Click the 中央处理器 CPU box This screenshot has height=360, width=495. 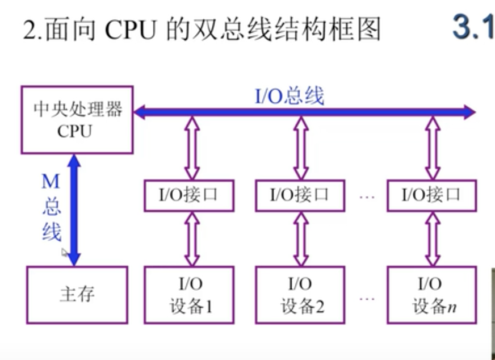77,120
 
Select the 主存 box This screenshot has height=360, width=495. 77,294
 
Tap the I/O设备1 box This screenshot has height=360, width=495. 189,295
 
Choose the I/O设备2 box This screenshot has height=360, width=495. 300,295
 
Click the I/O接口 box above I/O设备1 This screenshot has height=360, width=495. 189,196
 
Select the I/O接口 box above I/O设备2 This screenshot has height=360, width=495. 300,196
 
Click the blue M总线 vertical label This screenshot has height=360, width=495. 51,207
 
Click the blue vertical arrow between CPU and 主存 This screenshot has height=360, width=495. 74,210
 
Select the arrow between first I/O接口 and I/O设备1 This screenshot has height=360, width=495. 192,238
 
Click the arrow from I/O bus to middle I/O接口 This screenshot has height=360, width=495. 301,148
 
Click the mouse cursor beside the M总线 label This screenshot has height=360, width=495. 65,253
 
